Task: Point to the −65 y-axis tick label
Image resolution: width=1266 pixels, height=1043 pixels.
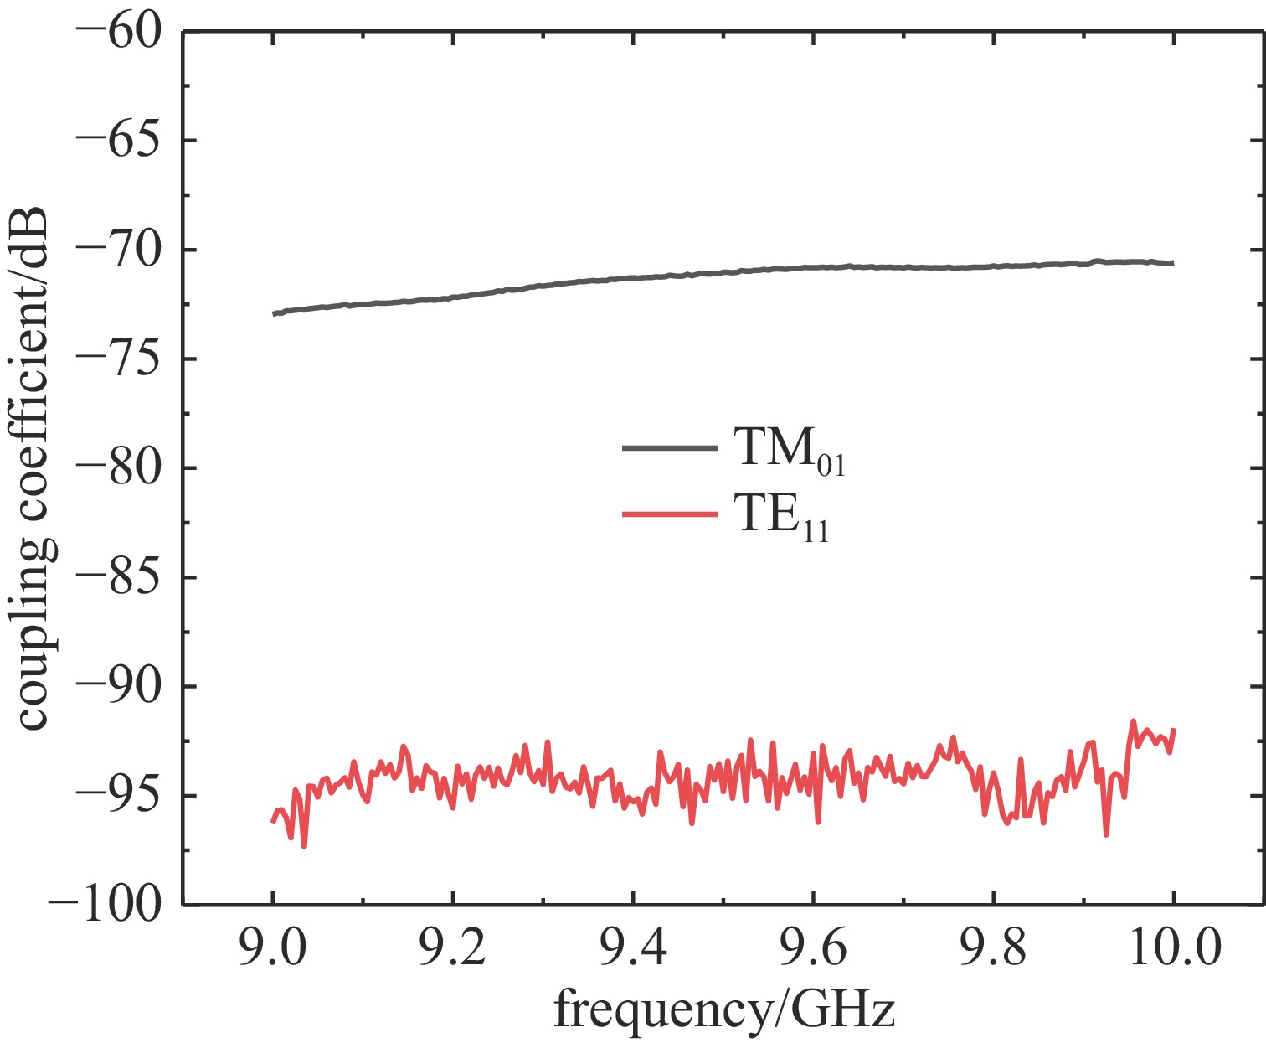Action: tap(118, 141)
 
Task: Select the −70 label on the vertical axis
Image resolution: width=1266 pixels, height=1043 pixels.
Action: tap(118, 250)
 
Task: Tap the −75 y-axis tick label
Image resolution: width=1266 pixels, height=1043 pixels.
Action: tap(118, 359)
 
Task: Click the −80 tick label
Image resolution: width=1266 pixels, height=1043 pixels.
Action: tap(118, 467)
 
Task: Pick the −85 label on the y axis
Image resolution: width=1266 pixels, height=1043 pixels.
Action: tap(118, 577)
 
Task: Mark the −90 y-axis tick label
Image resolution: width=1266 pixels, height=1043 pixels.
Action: tap(118, 686)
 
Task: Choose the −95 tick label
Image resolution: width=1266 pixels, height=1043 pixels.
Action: tap(118, 795)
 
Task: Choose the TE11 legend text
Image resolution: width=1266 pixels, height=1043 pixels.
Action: tap(782, 518)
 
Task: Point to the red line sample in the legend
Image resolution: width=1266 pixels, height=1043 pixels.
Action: tap(670, 514)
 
